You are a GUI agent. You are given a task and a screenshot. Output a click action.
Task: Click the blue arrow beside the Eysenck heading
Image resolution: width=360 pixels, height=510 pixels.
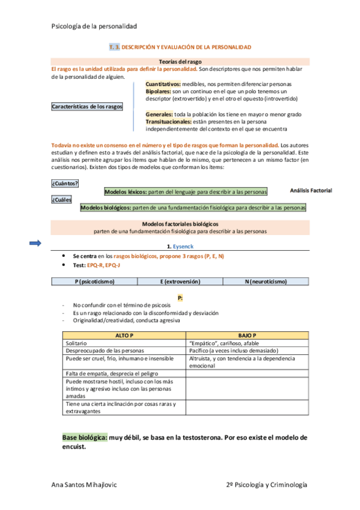[35, 243]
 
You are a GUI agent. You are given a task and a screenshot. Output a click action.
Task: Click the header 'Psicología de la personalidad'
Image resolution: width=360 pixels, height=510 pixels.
[94, 26]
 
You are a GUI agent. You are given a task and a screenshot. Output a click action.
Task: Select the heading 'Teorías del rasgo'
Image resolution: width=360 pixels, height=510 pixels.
[180, 61]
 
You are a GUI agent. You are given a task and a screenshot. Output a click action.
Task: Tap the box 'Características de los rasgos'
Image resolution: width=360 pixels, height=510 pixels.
[87, 106]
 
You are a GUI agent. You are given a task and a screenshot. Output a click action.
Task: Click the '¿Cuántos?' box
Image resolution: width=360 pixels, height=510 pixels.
[66, 183]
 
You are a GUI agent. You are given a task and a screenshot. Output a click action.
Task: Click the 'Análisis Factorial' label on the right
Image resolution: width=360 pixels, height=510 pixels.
[311, 190]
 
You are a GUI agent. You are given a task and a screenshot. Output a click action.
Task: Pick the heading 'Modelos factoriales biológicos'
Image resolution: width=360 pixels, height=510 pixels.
[180, 224]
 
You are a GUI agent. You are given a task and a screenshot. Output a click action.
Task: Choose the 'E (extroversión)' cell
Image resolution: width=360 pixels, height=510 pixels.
[180, 281]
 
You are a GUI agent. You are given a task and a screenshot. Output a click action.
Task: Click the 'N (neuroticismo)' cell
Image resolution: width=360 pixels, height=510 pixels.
[265, 281]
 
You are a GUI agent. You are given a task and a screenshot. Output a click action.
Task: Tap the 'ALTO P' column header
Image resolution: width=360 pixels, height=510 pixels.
[124, 334]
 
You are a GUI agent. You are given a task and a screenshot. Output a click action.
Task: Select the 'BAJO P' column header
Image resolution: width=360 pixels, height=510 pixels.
[247, 334]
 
